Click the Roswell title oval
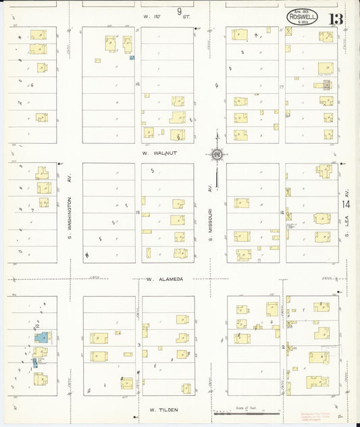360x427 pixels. coord(301,18)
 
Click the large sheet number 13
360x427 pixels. coord(336,18)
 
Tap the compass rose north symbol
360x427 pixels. coord(217,154)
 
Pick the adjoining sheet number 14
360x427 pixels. coord(346,203)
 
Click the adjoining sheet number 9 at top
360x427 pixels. coord(180,11)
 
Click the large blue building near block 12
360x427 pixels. coord(41,336)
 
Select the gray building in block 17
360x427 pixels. coord(328,85)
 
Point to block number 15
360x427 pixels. coord(138,213)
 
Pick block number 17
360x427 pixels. coord(282,87)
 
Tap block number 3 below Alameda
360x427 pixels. coord(138,345)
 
